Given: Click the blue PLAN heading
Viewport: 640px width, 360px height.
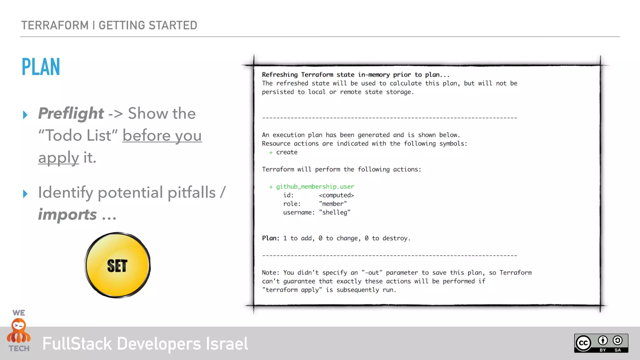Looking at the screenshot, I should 41,67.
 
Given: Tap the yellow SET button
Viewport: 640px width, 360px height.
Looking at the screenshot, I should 117,265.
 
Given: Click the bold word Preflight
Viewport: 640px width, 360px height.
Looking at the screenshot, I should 71,113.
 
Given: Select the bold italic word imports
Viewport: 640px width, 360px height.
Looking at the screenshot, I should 67,215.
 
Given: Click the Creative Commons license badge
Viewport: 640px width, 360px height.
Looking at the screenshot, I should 601,343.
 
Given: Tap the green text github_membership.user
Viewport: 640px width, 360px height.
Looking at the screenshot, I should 315,187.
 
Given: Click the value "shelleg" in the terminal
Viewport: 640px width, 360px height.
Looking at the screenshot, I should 335,212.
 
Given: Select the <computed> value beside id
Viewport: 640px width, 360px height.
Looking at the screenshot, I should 336,195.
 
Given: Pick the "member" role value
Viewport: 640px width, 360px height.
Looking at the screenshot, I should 333,204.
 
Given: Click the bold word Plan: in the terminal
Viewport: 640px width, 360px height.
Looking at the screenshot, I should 271,238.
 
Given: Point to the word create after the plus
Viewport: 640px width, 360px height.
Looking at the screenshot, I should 287,152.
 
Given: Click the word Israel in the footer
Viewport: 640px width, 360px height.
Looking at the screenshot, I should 227,344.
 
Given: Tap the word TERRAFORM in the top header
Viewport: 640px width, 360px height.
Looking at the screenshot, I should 55,25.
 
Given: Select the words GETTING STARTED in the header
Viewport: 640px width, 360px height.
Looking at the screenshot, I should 148,25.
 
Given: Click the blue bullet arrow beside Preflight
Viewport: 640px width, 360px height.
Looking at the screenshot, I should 25,115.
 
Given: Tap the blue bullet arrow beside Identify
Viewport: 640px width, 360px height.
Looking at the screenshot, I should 25,194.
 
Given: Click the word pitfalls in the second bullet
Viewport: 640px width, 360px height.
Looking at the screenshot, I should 192,192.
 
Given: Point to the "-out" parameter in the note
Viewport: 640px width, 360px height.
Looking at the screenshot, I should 372,272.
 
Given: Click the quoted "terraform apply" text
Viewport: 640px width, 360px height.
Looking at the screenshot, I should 292,290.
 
